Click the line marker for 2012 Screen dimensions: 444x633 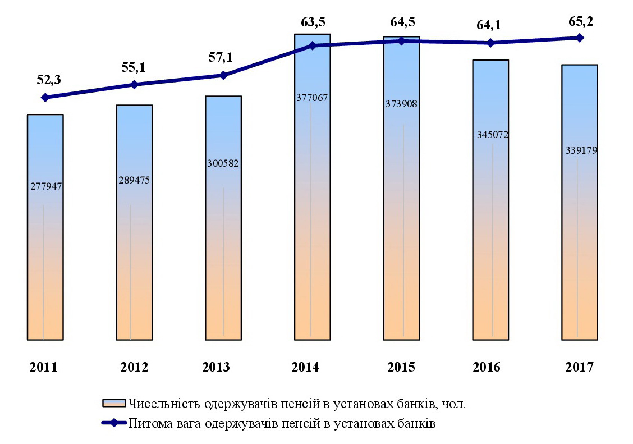pyautogui.click(x=134, y=84)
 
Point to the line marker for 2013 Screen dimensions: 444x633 pyautogui.click(x=223, y=75)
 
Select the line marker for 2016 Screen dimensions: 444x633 pyautogui.click(x=491, y=43)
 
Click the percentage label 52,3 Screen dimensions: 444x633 pyautogui.click(x=49, y=80)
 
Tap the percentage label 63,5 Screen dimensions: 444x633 pyautogui.click(x=313, y=22)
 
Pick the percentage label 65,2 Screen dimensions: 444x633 pyautogui.click(x=581, y=22)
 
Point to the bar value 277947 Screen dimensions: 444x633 pyautogui.click(x=45, y=186)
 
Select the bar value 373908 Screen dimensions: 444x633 pyautogui.click(x=402, y=104)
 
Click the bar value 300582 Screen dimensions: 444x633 pyautogui.click(x=223, y=163)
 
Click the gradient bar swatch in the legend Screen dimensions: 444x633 pyautogui.click(x=114, y=404)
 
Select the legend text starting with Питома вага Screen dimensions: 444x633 pyautogui.click(x=282, y=423)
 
